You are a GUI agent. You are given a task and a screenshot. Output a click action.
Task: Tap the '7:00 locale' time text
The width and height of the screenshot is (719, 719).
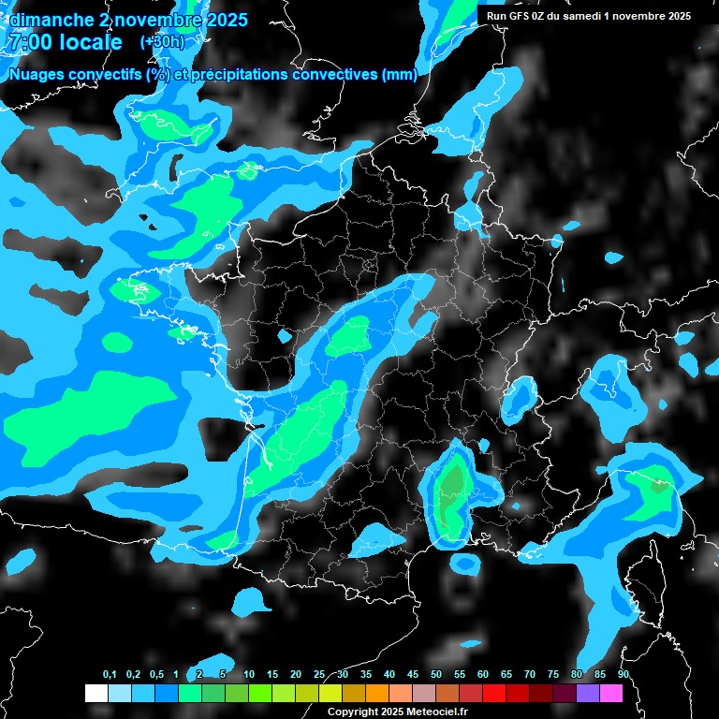point(64,42)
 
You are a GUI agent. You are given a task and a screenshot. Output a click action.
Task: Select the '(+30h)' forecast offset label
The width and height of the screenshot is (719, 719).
point(163,42)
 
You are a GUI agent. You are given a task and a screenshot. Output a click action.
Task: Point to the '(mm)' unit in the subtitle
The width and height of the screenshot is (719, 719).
point(399,75)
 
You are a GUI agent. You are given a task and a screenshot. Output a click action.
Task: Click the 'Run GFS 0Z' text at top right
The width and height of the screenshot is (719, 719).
point(524,16)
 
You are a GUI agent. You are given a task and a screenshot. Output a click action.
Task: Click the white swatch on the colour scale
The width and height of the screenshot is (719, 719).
point(95,693)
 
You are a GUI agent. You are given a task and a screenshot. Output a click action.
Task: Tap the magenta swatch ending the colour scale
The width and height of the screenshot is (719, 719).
point(611,693)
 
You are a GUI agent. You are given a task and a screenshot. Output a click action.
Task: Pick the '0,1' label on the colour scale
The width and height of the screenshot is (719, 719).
point(110,675)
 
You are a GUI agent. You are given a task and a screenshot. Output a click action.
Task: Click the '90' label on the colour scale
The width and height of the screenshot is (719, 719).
point(624,675)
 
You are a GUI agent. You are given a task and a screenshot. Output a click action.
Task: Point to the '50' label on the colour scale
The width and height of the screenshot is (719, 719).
point(436,675)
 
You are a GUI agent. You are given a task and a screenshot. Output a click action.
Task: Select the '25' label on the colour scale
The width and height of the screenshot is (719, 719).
point(319,675)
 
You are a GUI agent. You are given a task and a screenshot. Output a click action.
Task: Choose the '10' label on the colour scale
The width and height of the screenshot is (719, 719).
point(249,675)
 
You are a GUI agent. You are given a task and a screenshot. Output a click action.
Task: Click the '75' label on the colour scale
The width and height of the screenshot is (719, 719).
point(553,675)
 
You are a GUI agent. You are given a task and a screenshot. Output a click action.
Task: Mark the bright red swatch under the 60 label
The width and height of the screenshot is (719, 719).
point(494,693)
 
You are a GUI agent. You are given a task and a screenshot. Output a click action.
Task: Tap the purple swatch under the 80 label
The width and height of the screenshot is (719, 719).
point(588,693)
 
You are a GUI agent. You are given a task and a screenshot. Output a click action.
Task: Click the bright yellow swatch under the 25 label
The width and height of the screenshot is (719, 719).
point(330,693)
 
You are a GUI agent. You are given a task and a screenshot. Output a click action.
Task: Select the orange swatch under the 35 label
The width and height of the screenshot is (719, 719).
point(376,693)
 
